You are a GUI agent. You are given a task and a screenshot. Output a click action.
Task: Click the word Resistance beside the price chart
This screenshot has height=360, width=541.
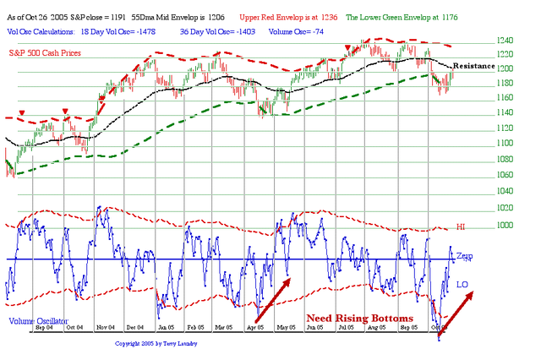(x=473, y=65)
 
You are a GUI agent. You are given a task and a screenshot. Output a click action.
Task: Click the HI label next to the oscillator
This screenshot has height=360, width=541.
(x=461, y=227)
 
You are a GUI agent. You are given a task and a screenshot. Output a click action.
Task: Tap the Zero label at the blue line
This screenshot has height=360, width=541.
(x=465, y=255)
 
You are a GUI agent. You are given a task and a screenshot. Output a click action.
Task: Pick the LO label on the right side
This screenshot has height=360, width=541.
(x=462, y=284)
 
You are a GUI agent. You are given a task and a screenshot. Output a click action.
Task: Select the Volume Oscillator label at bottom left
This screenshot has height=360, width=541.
(x=39, y=322)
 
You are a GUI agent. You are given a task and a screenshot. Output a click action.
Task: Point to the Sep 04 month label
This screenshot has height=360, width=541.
(x=44, y=326)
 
